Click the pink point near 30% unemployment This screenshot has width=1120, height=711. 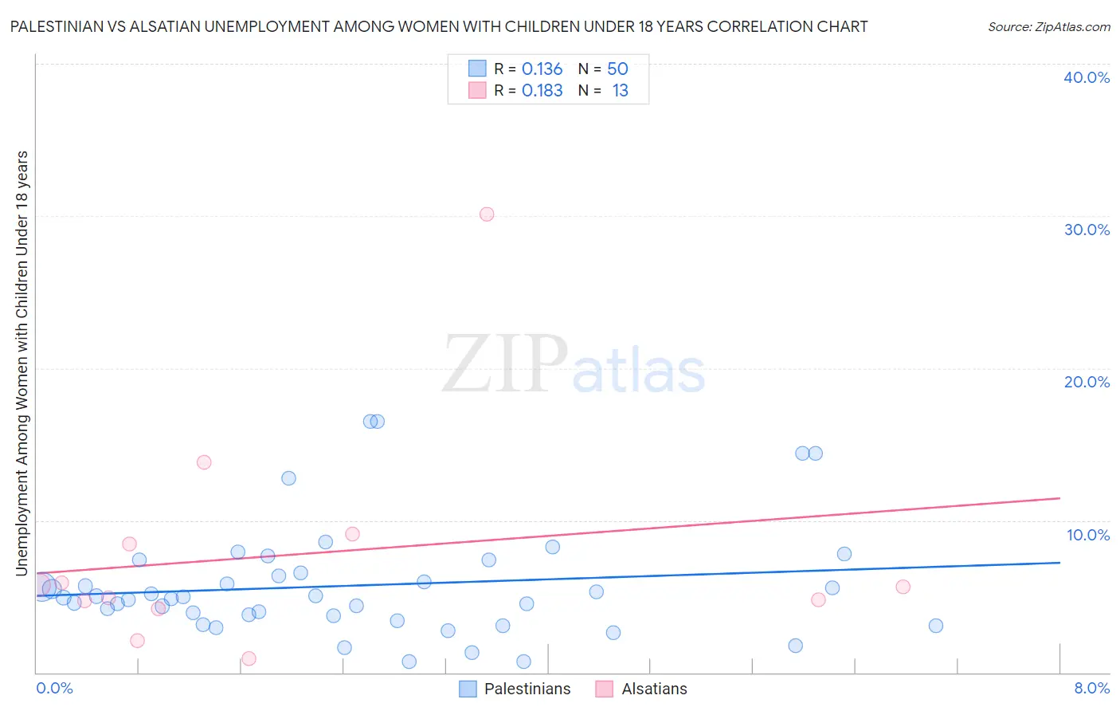point(487,214)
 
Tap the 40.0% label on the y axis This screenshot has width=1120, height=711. point(1087,77)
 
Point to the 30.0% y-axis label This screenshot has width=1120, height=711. point(1087,230)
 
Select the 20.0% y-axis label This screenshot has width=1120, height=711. point(1087,382)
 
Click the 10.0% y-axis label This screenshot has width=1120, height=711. point(1088,535)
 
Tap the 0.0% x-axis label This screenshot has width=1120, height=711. point(54,688)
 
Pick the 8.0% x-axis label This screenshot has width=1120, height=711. point(1091,688)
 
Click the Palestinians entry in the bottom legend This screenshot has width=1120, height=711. point(527,689)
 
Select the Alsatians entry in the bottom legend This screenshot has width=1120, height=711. point(654,689)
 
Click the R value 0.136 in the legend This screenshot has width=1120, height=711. point(542,69)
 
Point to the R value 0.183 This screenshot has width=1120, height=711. point(542,91)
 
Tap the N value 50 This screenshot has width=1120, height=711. point(617,69)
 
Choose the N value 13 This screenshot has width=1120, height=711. point(620,91)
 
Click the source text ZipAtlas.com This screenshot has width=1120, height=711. point(1072,27)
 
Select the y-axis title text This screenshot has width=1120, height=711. point(22,363)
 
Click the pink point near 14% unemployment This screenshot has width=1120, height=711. point(204,462)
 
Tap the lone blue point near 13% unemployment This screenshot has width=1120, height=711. point(288,478)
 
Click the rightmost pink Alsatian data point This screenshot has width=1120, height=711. point(903,587)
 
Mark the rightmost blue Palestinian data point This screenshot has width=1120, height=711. point(936,626)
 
